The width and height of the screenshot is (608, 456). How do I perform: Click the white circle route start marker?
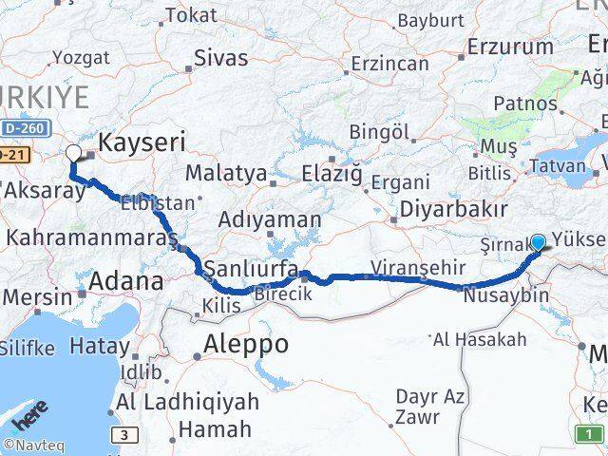73,152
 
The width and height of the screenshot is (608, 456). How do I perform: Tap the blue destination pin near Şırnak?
538,242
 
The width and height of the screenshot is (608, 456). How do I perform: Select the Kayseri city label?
142,143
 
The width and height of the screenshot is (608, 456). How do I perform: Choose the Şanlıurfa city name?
251,265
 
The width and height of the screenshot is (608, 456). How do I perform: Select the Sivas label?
220,57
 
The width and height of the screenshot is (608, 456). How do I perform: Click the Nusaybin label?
506,295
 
